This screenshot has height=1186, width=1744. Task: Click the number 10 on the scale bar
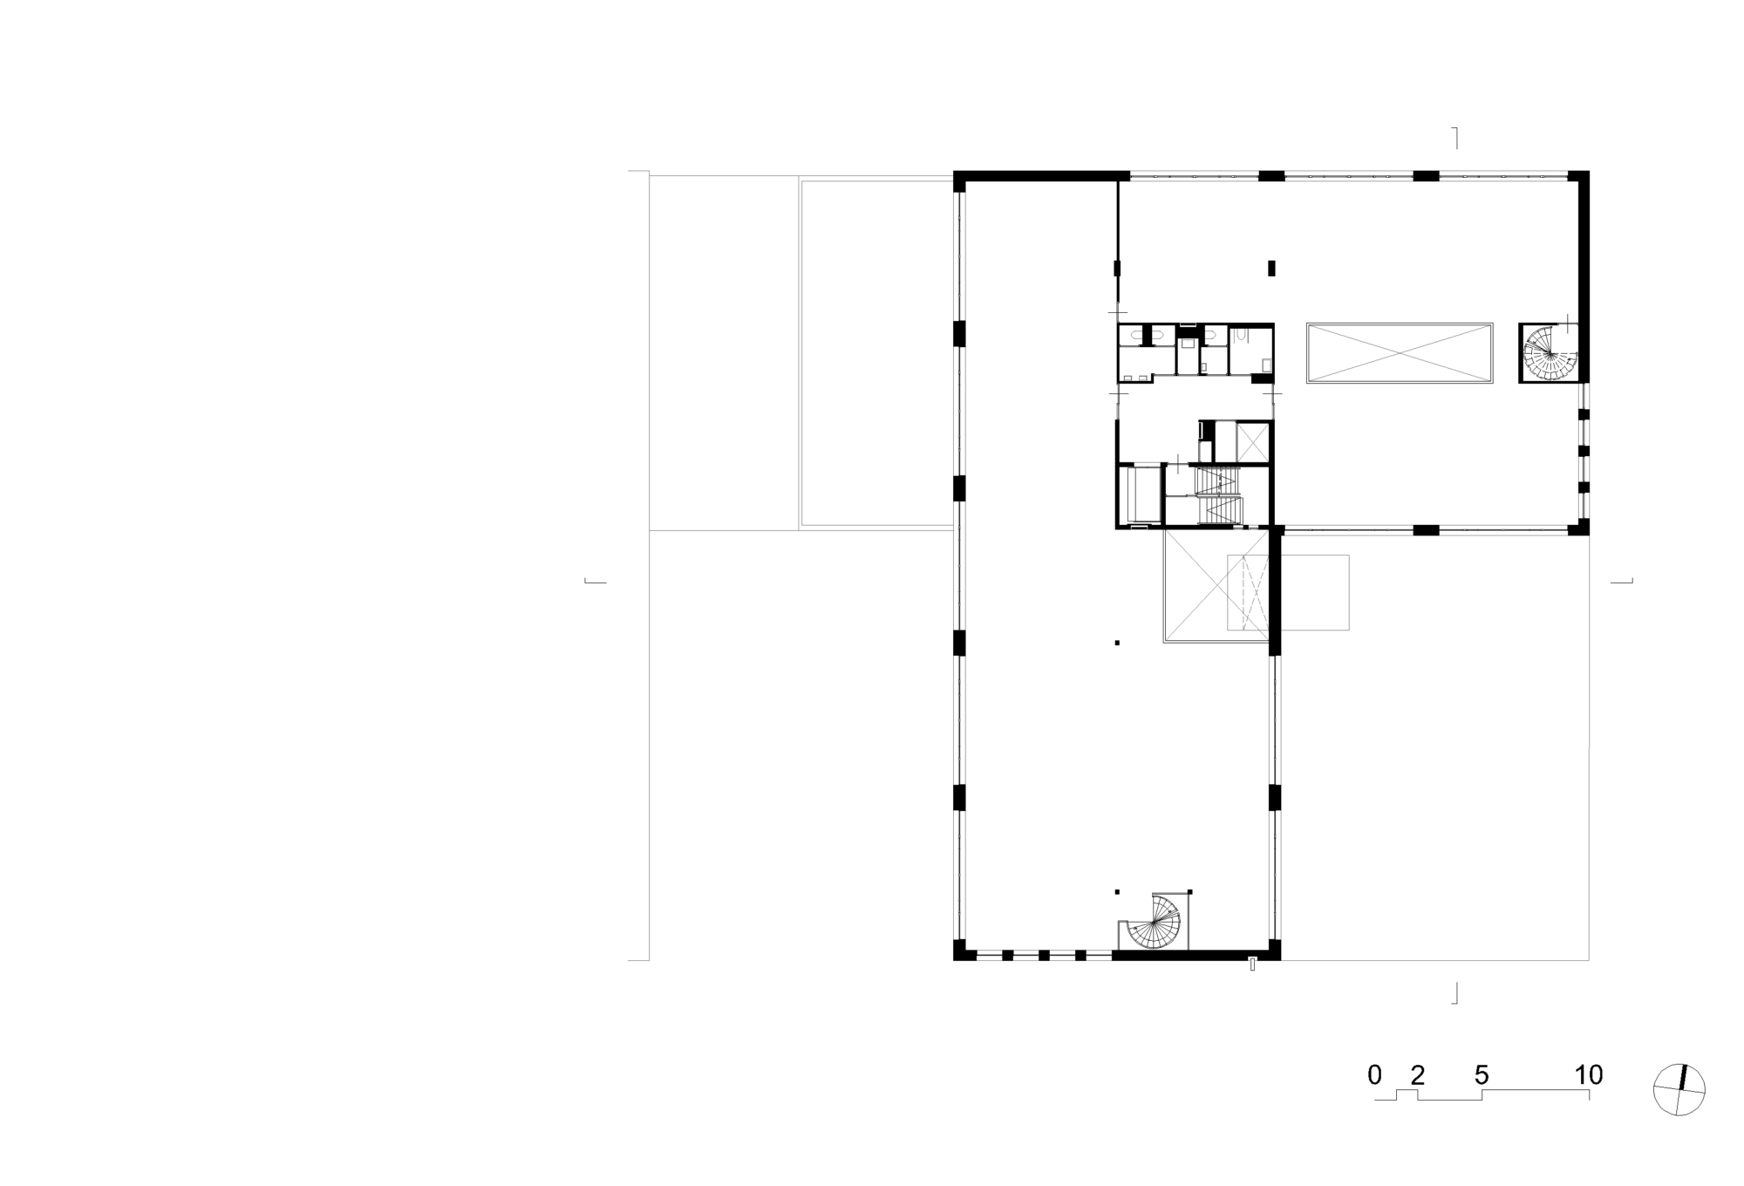[1589, 1075]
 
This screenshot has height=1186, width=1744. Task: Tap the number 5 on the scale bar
[1482, 1075]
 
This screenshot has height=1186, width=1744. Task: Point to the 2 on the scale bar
[1418, 1075]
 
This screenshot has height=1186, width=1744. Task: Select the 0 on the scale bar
[1375, 1075]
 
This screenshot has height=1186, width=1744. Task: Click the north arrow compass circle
[1679, 1089]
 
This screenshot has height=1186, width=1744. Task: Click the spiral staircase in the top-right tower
[1549, 352]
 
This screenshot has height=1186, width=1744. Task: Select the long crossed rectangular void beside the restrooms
[1400, 353]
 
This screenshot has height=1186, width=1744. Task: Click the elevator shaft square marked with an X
[1253, 441]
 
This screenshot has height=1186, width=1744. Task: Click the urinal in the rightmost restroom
[1240, 333]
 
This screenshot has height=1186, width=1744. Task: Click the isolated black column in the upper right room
[1271, 269]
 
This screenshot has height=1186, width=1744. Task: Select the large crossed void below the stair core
[1216, 586]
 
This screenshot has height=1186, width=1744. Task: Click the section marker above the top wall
[1454, 138]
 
